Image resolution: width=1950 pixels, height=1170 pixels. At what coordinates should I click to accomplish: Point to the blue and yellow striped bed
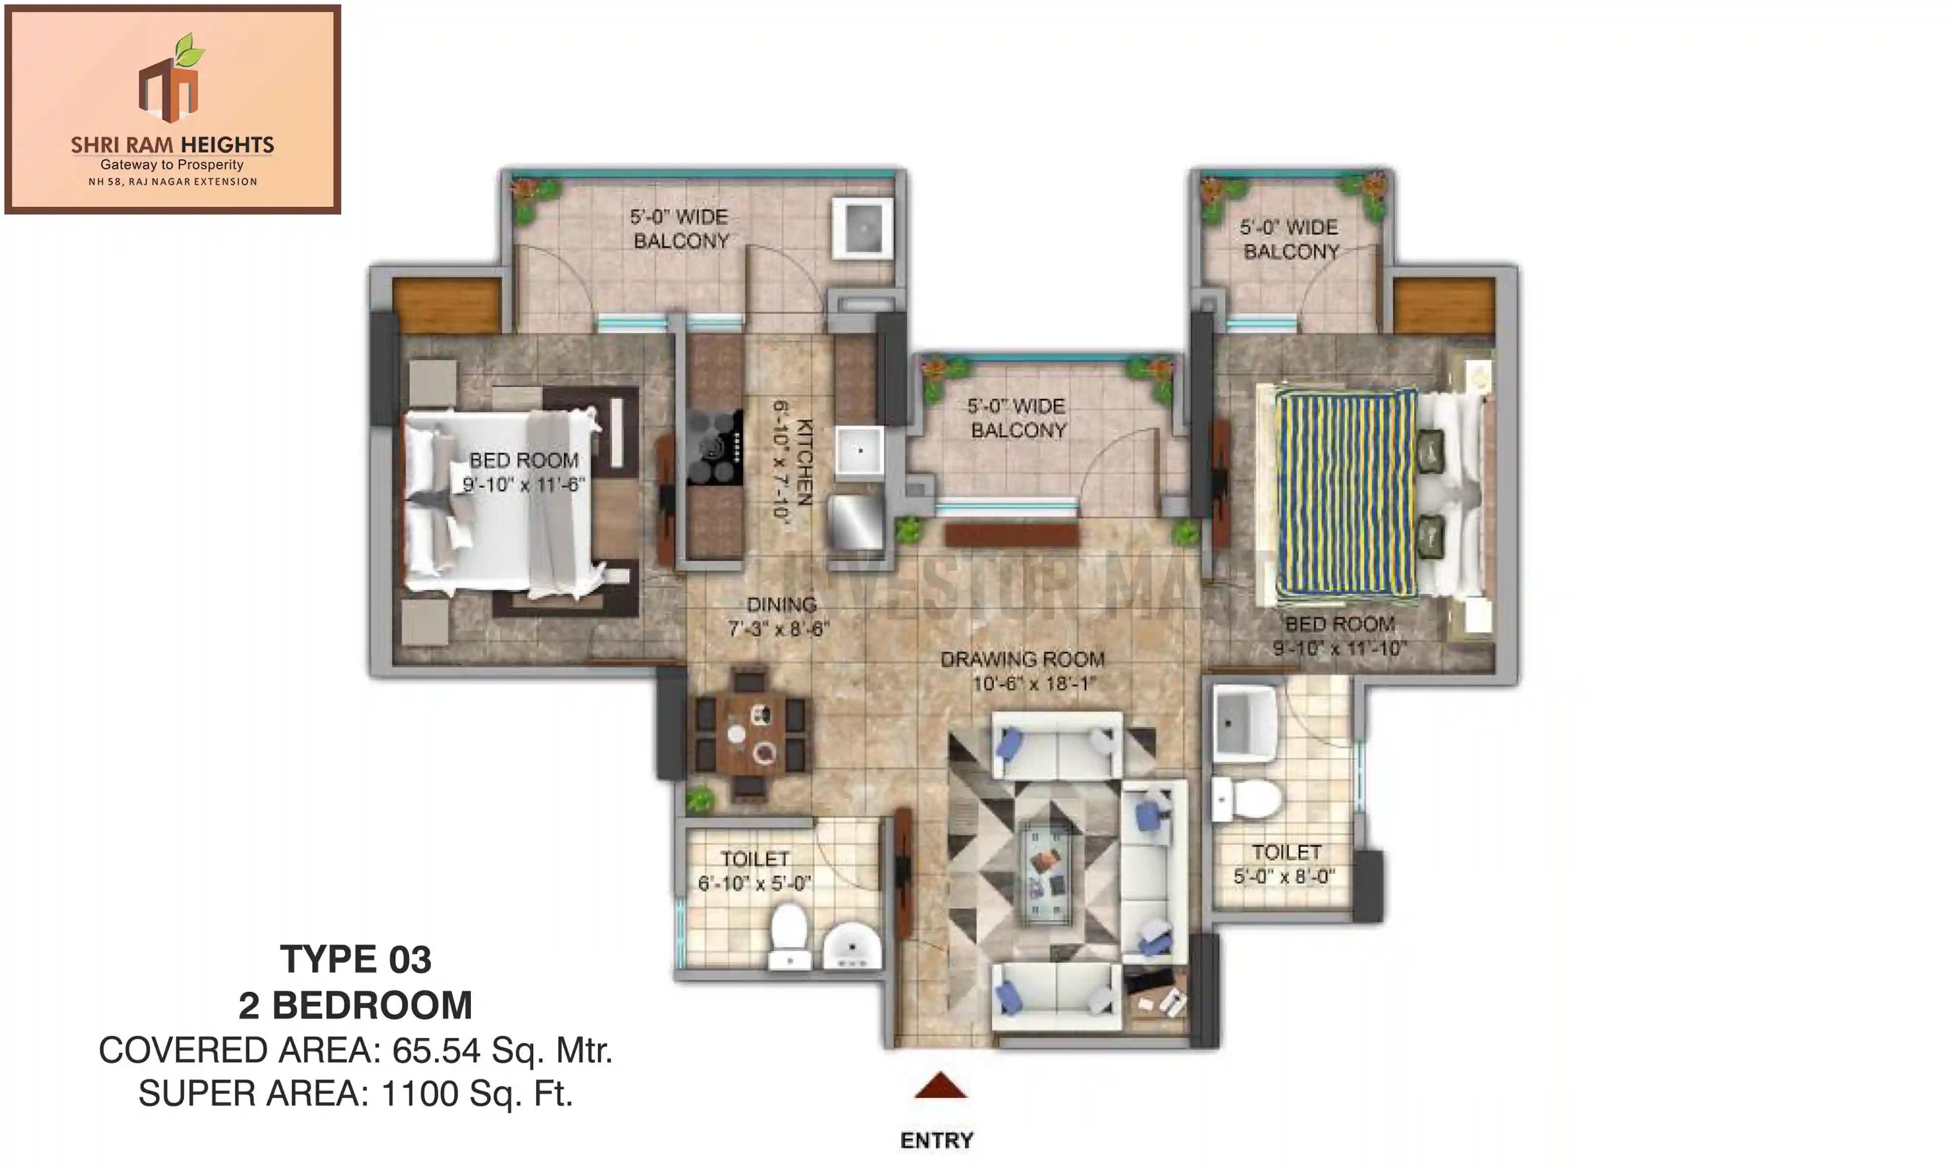[1345, 493]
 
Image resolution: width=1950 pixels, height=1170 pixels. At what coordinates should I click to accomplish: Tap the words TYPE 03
[355, 959]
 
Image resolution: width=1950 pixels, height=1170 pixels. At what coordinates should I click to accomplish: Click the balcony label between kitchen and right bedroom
[1017, 418]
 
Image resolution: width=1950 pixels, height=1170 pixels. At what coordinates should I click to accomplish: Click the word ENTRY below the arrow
[936, 1140]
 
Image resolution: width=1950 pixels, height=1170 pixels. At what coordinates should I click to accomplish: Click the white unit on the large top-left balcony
[863, 227]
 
